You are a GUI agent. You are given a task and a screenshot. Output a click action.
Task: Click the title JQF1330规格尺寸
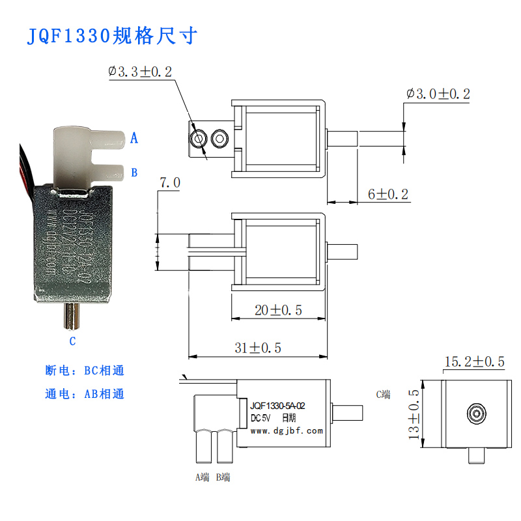[111, 35]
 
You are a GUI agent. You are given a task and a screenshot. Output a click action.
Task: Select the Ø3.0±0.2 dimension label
[438, 94]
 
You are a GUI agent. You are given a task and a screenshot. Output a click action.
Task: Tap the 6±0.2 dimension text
[388, 194]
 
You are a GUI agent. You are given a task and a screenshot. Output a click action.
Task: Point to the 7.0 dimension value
[169, 184]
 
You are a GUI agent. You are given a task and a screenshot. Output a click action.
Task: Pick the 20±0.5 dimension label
[278, 310]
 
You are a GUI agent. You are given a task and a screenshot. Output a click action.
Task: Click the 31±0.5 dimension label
[257, 348]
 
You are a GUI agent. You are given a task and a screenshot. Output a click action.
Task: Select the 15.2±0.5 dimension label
[475, 361]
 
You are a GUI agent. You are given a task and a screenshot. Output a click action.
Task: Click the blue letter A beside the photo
[134, 138]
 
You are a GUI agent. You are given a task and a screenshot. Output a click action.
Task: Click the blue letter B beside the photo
[134, 173]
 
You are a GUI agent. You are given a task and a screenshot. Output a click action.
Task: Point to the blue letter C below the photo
[72, 341]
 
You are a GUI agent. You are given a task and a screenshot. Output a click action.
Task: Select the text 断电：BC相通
[85, 371]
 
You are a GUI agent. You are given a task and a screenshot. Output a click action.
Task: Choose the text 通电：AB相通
[85, 394]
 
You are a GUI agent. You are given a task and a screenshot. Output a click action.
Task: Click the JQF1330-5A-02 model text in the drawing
[277, 406]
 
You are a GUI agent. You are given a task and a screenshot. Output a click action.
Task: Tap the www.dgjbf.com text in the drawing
[287, 430]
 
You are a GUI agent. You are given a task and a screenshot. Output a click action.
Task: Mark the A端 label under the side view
[203, 477]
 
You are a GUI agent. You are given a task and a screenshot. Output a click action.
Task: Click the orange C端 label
[384, 394]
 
